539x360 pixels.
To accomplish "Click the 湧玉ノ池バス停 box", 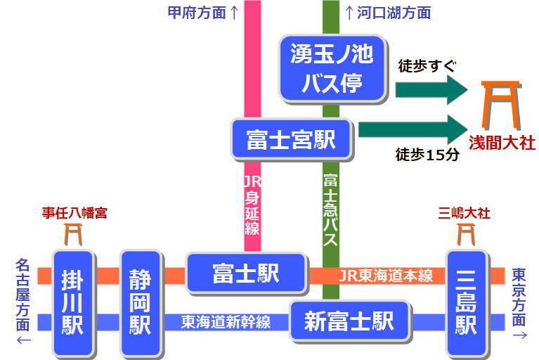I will [333, 67].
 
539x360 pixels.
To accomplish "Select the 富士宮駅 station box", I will [290, 139].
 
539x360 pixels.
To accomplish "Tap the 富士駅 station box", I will [246, 274].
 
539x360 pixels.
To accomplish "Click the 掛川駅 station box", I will [73, 302].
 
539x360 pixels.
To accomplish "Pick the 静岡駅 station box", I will [141, 302].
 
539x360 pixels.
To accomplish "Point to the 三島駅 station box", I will [466, 302].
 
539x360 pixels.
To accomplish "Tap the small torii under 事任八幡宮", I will [73, 233].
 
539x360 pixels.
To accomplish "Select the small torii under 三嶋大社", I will [465, 233].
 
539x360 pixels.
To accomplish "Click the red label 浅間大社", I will [502, 143].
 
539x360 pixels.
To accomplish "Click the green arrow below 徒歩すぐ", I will [431, 89].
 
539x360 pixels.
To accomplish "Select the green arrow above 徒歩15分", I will [413, 129].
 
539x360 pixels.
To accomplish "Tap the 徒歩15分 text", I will [427, 155].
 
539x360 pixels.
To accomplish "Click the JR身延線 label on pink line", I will [252, 205].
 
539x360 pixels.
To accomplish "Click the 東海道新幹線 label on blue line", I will [226, 322].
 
